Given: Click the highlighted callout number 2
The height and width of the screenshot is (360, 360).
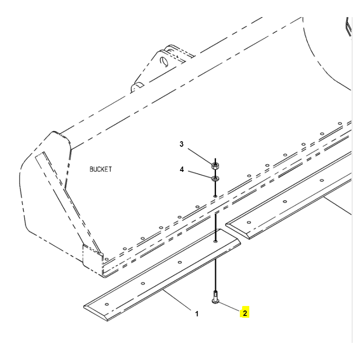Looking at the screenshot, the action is pos(244,313).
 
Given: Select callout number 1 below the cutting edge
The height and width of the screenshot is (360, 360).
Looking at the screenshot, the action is pos(197,314).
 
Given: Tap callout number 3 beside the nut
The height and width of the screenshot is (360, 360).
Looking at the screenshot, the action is pos(181,144).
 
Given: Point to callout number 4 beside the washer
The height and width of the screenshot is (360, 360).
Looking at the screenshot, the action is pos(182,170).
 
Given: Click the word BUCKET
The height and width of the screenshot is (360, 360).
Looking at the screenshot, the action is pos(100,170).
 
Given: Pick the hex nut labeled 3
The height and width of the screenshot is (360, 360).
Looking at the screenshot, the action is pos(215,165).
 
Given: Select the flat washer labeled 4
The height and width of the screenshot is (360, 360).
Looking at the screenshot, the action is pos(215,178).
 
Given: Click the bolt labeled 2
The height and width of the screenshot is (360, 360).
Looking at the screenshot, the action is pos(215,297).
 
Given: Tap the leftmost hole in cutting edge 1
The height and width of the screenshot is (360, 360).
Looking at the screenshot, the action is pos(107,305).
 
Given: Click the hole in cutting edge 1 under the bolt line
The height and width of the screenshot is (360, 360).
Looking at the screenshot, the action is pos(216,241).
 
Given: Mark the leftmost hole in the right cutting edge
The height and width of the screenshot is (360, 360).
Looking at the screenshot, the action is pos(249,222).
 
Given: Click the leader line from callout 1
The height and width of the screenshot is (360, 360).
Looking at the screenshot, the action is pos(177,301).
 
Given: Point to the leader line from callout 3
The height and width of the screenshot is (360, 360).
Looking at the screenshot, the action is pos(200,156).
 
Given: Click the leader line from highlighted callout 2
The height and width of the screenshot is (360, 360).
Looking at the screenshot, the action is pos(229,307).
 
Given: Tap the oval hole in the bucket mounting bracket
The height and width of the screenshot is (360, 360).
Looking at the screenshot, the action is pos(165,61).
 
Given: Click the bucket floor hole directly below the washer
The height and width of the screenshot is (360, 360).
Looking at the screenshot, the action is pos(216,196).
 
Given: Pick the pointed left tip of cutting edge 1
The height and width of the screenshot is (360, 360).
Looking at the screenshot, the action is pos(84,306).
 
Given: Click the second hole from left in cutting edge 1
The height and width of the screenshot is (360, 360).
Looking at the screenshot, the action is pos(143,283).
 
